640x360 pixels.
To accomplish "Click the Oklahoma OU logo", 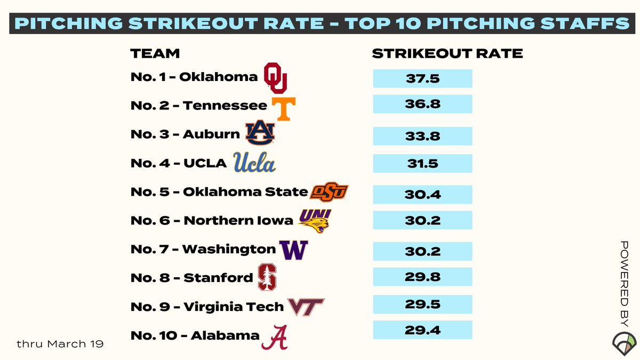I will coord(276,78).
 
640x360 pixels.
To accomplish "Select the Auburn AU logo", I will coord(260,133).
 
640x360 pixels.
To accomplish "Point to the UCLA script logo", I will coord(254,162).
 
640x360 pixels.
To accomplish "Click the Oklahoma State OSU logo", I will coord(329,191).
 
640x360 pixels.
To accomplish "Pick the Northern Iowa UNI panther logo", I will coord(315,221).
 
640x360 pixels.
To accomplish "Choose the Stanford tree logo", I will coord(267,277).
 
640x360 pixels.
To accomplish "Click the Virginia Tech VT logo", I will coord(306,307).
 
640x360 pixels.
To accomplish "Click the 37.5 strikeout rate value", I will coord(422,78).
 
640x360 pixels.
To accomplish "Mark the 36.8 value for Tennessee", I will coord(422,104).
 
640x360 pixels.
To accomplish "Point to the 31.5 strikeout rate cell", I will coord(422,163).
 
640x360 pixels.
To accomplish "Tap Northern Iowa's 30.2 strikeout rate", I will coord(422,220).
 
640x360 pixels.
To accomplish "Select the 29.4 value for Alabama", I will coord(422,330).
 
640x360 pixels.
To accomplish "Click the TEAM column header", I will coord(155,54).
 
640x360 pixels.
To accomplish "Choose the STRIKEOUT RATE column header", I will coord(447,54).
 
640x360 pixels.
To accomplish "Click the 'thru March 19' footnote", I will coord(60,344).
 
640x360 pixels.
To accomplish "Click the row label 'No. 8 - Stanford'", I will coord(191,278).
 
